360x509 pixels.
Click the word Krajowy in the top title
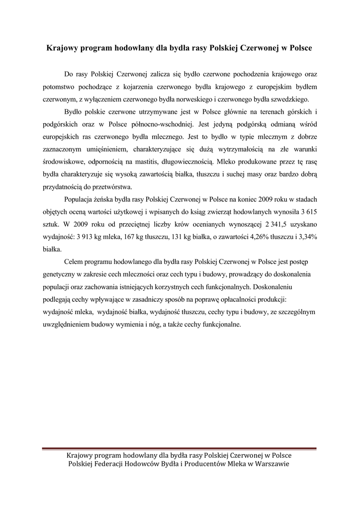click(x=61, y=49)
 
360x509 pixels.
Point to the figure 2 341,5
click(x=255, y=224)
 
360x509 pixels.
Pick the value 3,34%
click(x=306, y=237)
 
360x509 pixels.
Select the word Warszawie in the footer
click(x=270, y=463)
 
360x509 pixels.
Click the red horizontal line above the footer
click(x=180, y=449)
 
